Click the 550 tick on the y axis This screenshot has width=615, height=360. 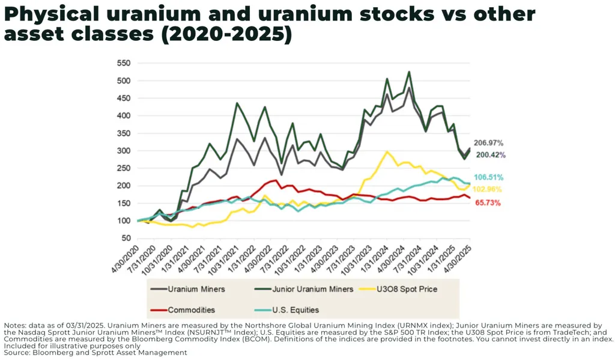click(x=123, y=63)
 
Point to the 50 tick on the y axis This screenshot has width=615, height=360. click(x=126, y=239)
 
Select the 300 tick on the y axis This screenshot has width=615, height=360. click(x=123, y=151)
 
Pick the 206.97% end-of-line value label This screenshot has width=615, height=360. click(x=488, y=143)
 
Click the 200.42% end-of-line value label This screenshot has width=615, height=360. click(x=491, y=155)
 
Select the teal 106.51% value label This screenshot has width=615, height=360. click(x=489, y=178)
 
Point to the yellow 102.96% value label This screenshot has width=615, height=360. click(x=489, y=189)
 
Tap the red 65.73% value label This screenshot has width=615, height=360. click(x=488, y=203)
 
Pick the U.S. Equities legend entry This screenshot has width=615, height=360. click(x=295, y=310)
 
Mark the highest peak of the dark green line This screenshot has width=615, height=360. click(x=409, y=72)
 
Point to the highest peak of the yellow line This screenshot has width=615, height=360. click(x=387, y=152)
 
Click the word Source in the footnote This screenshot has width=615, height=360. click(x=17, y=353)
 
